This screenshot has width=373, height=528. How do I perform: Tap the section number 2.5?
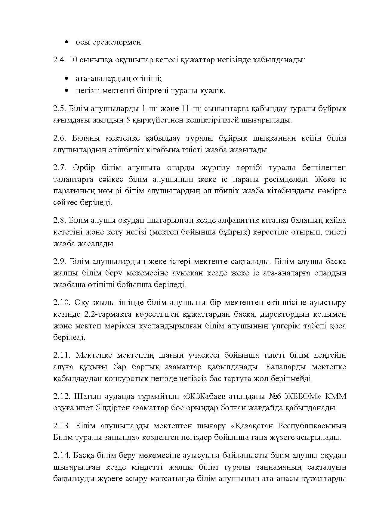click(x=59, y=108)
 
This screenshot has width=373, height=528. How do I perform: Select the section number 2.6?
click(x=59, y=138)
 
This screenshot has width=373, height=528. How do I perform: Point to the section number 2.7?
click(x=59, y=168)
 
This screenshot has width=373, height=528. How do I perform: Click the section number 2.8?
click(x=59, y=221)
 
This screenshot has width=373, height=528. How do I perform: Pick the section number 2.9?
click(x=59, y=262)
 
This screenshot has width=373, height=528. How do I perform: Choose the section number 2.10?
click(x=61, y=303)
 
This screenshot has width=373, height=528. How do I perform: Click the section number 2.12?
click(x=61, y=396)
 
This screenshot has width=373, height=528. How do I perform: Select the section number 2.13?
click(x=61, y=426)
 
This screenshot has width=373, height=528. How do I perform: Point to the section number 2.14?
click(x=61, y=455)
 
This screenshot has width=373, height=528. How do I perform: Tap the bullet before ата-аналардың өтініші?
click(x=66, y=79)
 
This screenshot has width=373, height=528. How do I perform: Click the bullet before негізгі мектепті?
click(x=66, y=90)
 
